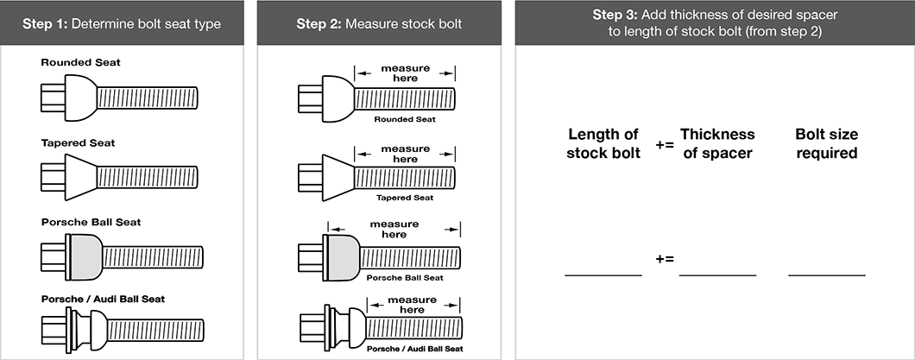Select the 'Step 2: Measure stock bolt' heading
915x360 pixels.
pos(379,23)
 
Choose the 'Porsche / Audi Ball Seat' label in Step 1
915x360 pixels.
pos(103,299)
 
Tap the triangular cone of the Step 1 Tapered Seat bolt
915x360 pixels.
pos(79,176)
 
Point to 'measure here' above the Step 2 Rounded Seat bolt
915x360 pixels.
pos(405,73)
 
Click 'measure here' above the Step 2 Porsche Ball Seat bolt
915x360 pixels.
pos(394,230)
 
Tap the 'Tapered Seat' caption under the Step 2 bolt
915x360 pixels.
pos(405,198)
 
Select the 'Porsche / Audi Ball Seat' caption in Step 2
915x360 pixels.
pos(414,349)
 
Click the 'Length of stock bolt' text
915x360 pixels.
pos(603,143)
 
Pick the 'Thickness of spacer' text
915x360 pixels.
pos(717,143)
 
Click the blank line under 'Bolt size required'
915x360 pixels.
pos(827,275)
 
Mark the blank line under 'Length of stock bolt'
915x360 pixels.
pos(603,275)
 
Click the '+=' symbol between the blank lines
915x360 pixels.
pos(665,258)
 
